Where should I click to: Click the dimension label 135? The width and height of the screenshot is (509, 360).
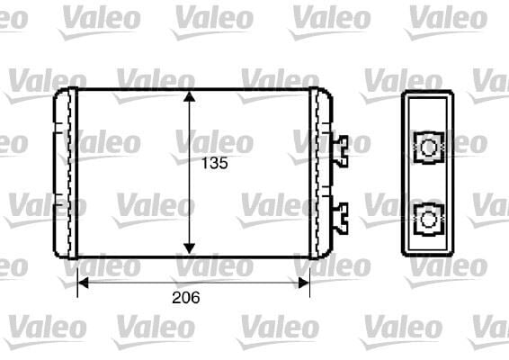coord(213,164)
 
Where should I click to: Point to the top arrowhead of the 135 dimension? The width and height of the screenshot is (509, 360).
coord(189,96)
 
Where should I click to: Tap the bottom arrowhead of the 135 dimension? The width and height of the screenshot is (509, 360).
coord(189,247)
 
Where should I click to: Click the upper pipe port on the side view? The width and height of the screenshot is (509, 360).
coord(429,147)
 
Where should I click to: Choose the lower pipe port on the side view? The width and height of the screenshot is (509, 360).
coord(429,217)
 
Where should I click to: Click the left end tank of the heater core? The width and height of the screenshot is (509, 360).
coord(63,172)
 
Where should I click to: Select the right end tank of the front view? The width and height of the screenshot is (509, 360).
coord(321,172)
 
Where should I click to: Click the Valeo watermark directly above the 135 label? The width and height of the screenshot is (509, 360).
coord(213,141)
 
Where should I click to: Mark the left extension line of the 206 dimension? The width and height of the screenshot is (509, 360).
coord(77,274)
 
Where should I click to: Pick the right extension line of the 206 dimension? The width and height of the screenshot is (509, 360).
coord(309,274)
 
